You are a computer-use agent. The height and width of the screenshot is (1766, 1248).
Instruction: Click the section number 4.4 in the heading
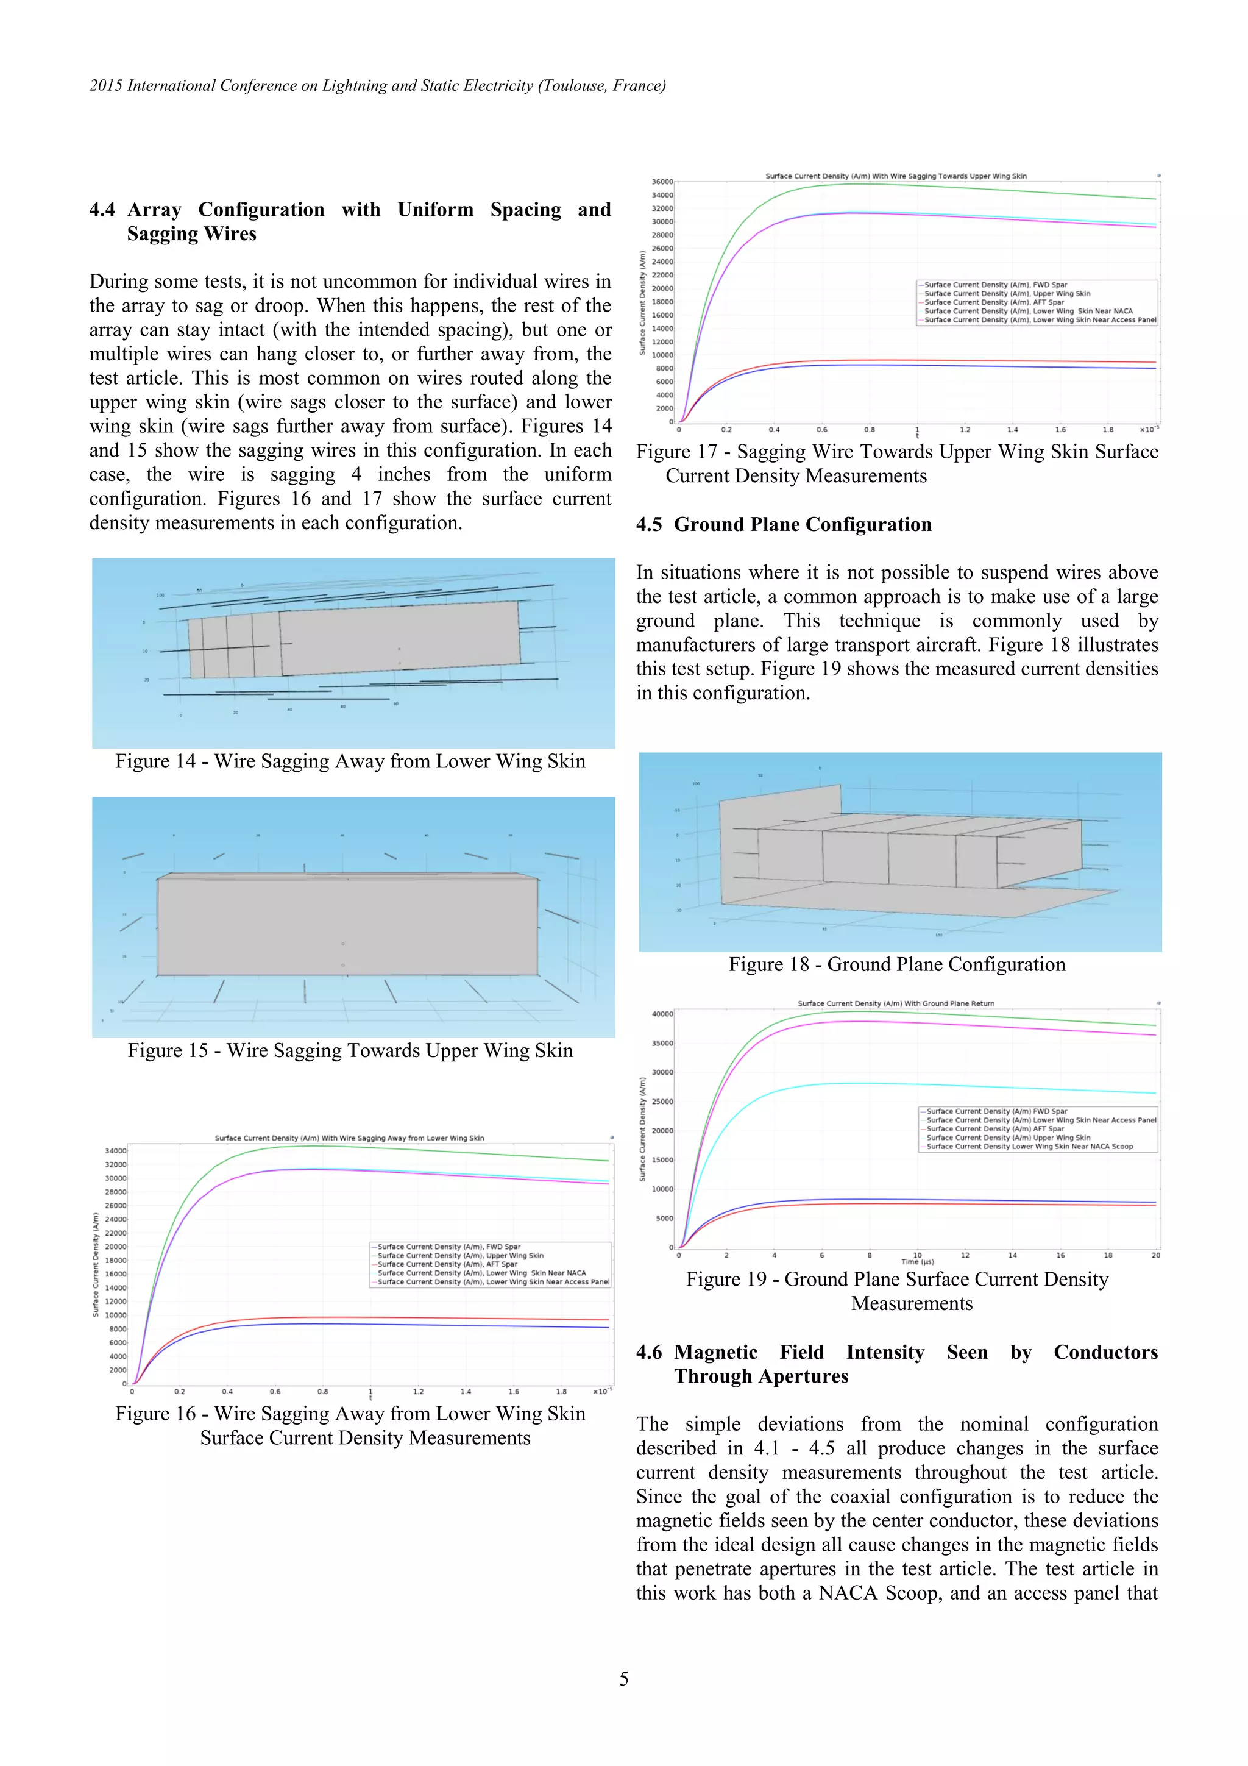[x=102, y=210]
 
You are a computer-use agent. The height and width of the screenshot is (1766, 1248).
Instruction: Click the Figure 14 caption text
[x=350, y=761]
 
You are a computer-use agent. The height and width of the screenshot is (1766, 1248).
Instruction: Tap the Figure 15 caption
[x=350, y=1051]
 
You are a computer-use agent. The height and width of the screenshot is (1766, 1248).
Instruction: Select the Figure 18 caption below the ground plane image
[x=896, y=964]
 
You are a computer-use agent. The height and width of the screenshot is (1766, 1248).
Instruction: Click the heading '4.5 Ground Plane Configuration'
[x=784, y=525]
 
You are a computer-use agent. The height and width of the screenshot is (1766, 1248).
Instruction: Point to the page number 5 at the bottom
[x=623, y=1678]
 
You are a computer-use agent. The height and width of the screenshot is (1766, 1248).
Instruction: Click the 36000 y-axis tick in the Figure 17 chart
[x=662, y=182]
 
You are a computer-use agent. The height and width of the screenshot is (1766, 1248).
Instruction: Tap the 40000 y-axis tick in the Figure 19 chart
[x=662, y=1014]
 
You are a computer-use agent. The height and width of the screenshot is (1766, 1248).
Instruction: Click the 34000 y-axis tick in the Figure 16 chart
[x=115, y=1151]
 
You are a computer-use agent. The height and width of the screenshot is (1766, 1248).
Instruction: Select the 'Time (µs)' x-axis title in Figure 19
[x=917, y=1261]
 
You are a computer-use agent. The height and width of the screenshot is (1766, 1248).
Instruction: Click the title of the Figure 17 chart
[x=896, y=176]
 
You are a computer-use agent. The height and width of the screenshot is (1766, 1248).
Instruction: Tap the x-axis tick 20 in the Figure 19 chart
[x=1155, y=1255]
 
